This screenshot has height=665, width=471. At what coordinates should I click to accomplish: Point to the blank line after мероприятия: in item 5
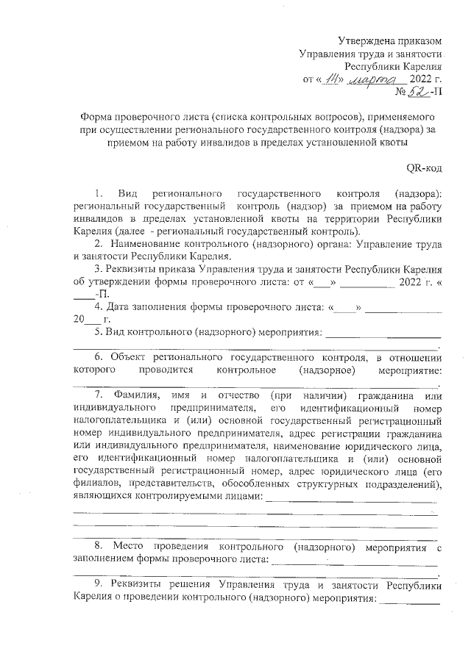pos(383,334)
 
